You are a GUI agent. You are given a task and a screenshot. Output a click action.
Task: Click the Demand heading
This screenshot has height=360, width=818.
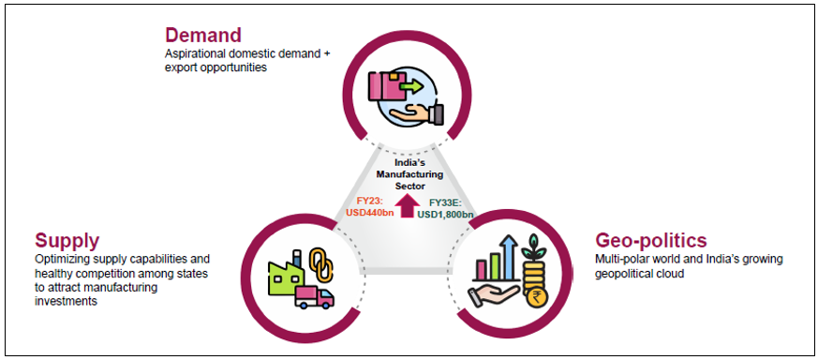tap(202, 35)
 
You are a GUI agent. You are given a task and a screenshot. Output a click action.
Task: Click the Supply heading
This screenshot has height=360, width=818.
tap(67, 239)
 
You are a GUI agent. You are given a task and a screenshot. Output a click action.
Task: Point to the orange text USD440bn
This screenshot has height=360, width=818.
tap(370, 213)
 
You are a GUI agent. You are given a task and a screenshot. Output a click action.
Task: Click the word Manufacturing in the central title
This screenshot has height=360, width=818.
tap(409, 174)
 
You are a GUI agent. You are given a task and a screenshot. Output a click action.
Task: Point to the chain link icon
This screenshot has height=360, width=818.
tap(317, 262)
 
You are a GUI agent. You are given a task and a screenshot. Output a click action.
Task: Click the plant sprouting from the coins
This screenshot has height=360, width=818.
tap(536, 247)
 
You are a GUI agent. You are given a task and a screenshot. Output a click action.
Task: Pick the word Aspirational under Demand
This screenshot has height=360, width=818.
tap(192, 54)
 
